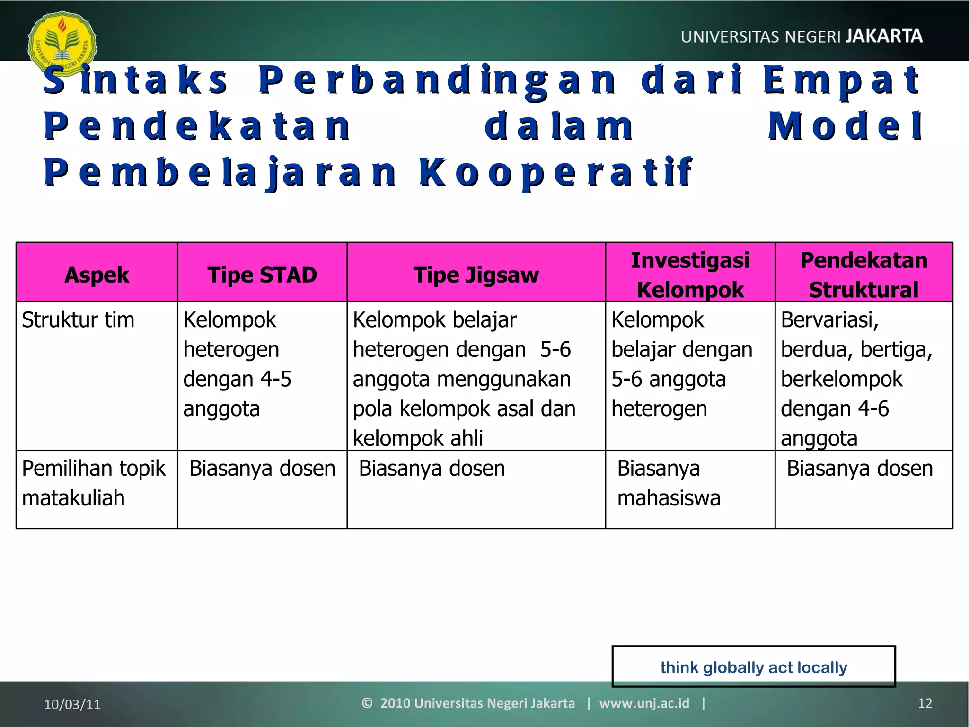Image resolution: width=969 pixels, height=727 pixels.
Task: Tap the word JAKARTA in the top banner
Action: pos(883,36)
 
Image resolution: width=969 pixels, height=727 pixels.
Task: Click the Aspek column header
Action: pos(97,275)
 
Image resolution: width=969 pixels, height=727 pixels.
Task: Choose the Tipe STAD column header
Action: pos(262,275)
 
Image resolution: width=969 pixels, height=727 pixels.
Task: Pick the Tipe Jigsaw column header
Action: pos(476,275)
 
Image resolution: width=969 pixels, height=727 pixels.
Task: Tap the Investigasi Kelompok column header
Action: pos(690,275)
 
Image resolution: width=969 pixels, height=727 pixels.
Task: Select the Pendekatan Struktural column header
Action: pos(863,275)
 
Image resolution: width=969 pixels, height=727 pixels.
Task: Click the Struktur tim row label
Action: pos(78,320)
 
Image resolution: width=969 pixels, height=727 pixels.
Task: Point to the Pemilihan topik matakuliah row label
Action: pos(93,483)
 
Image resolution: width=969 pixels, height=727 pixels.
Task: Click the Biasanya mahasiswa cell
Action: pos(668,483)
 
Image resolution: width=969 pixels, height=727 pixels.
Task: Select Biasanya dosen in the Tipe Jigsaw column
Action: pos(432,469)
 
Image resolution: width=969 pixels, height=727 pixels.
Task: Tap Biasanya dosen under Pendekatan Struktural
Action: pos(860,469)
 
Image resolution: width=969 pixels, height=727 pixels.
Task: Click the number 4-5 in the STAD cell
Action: pos(276,379)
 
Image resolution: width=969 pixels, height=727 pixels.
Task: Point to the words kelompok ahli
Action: pos(418,438)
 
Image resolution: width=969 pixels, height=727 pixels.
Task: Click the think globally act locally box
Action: pos(753,667)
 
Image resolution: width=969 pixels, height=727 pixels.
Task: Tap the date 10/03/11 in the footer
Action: pos(72,704)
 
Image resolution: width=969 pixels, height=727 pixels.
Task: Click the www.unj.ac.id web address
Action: pos(644,703)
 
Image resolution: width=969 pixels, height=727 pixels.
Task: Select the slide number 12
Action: pos(925,703)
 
